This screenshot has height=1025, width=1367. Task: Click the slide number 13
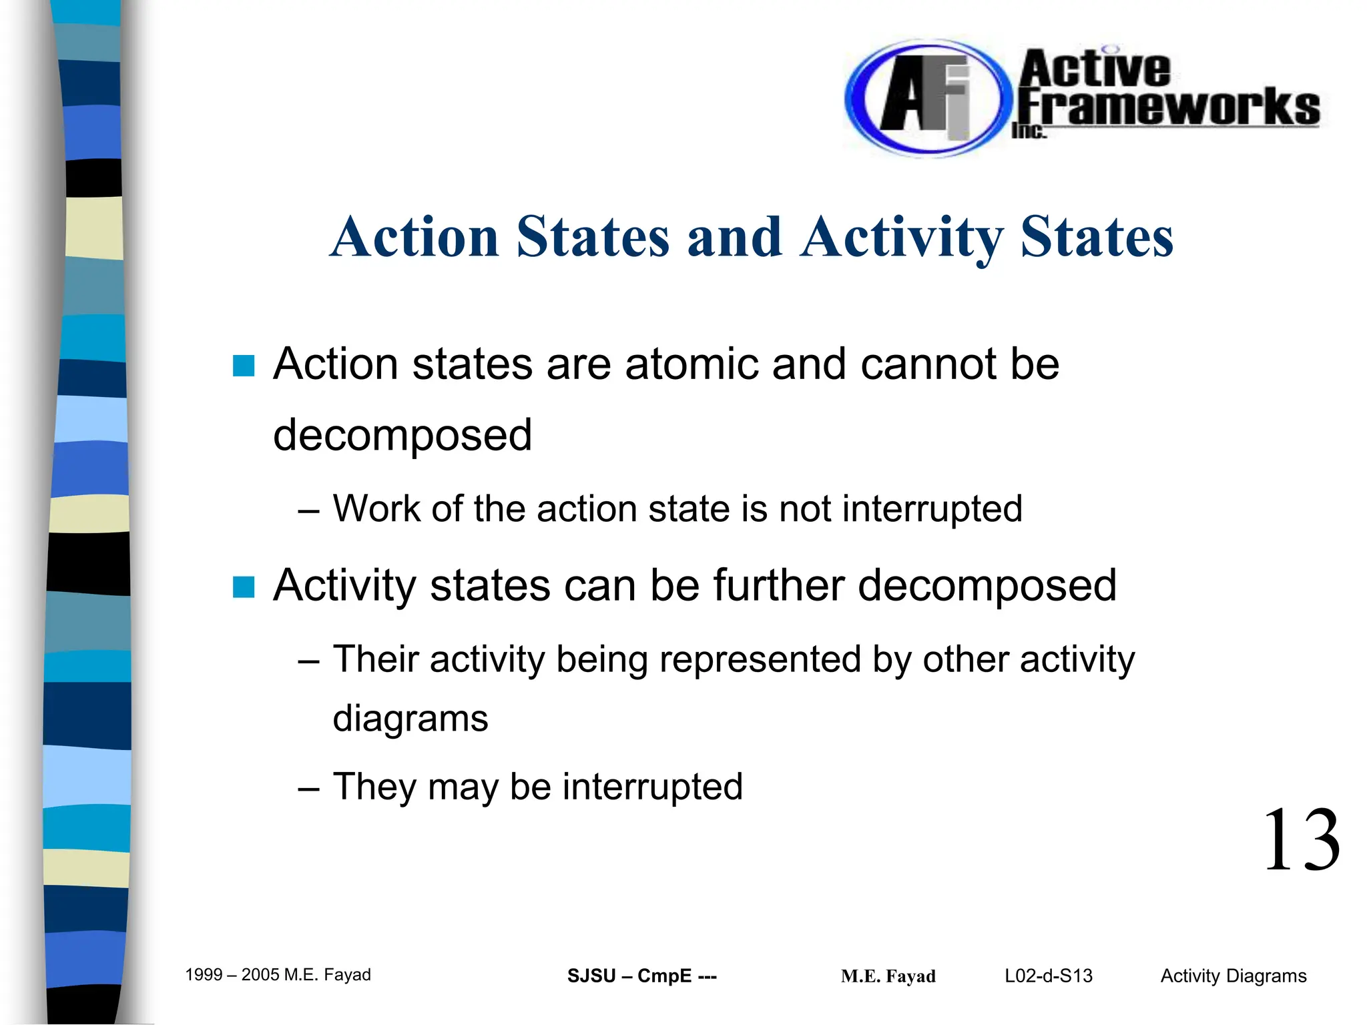(1301, 840)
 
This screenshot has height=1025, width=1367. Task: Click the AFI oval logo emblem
(924, 99)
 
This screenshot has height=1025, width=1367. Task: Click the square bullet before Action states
(244, 366)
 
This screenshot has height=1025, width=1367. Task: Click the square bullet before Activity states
(244, 587)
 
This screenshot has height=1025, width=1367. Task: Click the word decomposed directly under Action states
(402, 435)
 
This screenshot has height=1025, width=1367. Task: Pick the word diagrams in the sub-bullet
(411, 719)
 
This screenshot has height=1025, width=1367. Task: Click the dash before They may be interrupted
(308, 788)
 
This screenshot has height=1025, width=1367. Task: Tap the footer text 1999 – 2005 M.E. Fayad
(278, 975)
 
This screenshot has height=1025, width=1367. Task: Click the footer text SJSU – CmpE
(641, 976)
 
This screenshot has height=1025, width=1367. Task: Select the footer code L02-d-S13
(1048, 976)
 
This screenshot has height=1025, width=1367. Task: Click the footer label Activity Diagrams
(1233, 976)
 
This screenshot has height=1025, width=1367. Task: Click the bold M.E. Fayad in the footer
(888, 977)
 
